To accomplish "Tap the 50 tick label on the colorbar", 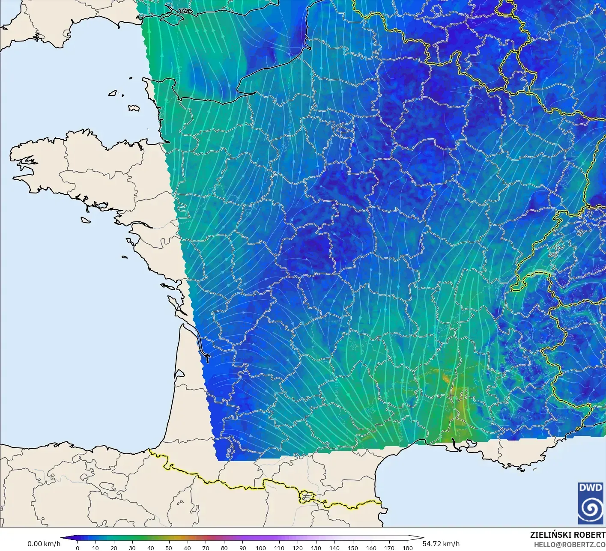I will point(169,548).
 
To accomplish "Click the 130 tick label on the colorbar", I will point(316,548).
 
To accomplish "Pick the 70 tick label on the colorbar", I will point(206,548).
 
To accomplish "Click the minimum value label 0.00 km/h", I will point(44,544).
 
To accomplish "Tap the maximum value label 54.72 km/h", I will point(441,544).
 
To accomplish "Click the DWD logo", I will point(590,503).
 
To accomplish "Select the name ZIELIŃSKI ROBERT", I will point(567,535).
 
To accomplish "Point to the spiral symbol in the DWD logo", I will point(590,509).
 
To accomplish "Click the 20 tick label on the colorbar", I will point(114,548).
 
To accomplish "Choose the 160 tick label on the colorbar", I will point(371,548).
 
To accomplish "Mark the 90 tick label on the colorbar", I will point(242,548).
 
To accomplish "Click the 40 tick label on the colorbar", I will point(151,548).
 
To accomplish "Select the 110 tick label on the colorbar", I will point(279,548).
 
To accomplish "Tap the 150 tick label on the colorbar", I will point(352,548).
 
